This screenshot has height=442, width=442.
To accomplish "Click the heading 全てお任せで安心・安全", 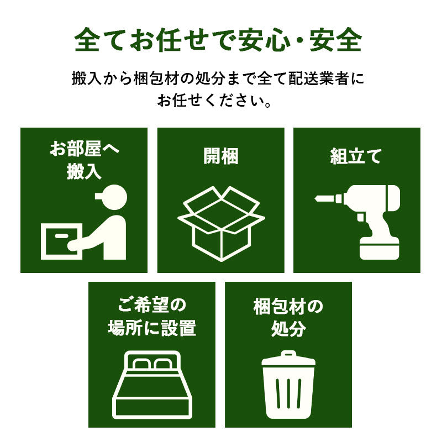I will pyautogui.click(x=220, y=40).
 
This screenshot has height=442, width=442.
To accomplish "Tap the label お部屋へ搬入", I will pyautogui.click(x=84, y=160).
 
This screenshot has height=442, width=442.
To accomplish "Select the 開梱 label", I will pyautogui.click(x=220, y=156).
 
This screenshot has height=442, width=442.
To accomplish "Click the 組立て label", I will pyautogui.click(x=356, y=156).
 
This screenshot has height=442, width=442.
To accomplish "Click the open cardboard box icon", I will pyautogui.click(x=220, y=224).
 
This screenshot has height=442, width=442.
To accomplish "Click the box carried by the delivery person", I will pyautogui.click(x=62, y=241).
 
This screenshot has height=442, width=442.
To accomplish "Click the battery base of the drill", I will pyautogui.click(x=379, y=248).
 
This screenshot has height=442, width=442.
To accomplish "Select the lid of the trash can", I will pyautogui.click(x=288, y=360).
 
